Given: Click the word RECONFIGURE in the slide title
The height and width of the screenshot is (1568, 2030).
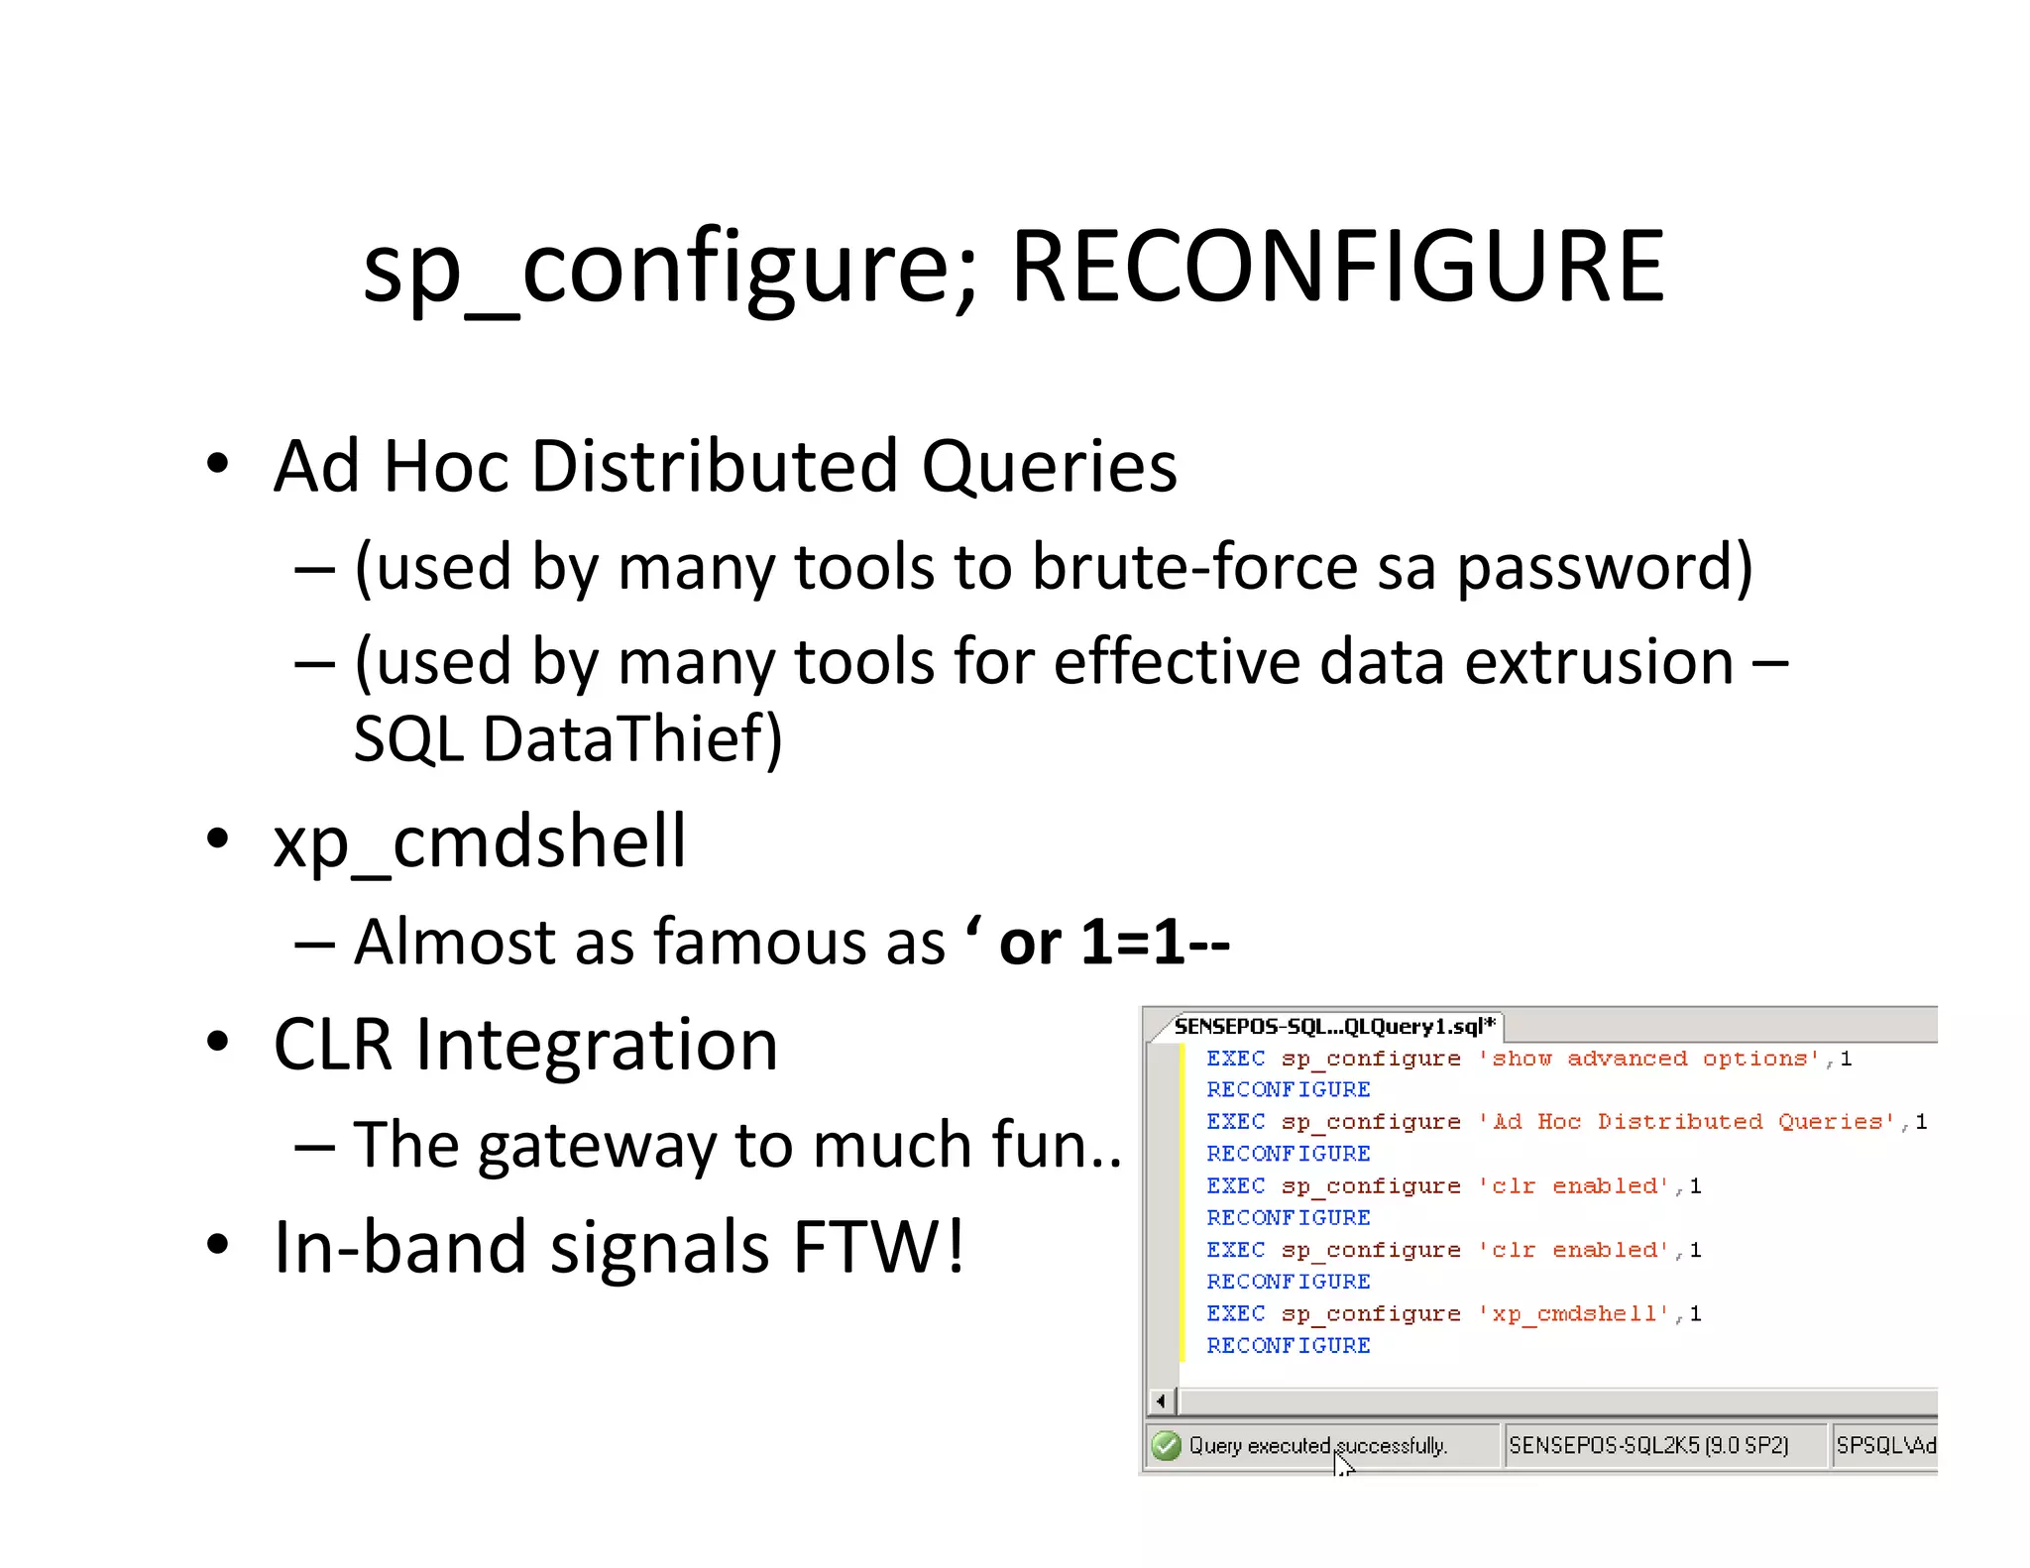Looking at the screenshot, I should pos(1338,266).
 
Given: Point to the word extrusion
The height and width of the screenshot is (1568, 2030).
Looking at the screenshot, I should pos(1598,662).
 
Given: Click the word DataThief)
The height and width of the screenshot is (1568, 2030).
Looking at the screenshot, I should pos(632,739).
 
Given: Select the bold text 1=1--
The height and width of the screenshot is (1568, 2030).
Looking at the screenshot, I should pos(1155,942).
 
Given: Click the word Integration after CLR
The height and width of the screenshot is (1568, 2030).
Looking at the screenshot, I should pos(597,1046).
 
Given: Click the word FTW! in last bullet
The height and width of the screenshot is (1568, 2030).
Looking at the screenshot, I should pos(878,1247).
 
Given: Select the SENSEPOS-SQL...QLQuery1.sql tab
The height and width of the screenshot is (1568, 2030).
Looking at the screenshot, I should pos(1332,1026).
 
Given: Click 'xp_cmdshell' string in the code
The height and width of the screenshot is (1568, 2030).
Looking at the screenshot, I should pos(1573,1314).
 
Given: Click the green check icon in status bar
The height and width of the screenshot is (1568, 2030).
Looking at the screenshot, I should pos(1167,1446).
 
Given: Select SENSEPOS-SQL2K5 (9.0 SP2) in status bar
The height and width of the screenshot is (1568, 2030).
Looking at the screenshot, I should pos(1648,1446).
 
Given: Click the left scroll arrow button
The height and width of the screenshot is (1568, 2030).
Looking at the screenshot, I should pos(1161,1401).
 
